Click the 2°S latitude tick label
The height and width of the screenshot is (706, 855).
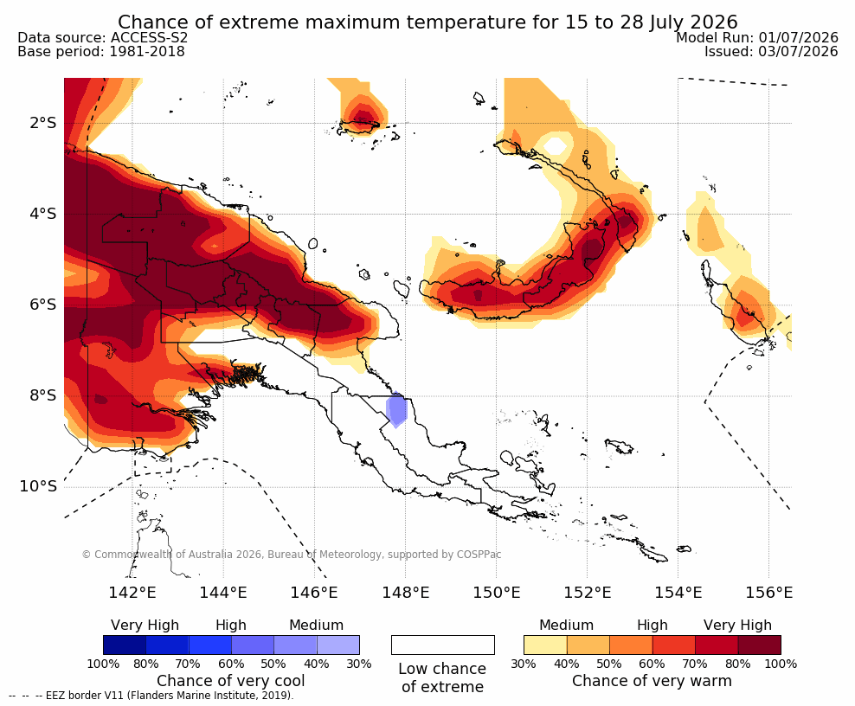(x=43, y=123)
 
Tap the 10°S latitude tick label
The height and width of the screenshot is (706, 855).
(x=38, y=486)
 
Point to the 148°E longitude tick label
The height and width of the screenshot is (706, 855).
(x=405, y=592)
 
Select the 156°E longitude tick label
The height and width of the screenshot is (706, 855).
(x=768, y=592)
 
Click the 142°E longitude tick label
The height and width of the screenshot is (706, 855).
(x=132, y=592)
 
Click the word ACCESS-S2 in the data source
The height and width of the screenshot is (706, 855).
(x=149, y=37)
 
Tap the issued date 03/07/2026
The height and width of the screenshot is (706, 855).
(x=798, y=51)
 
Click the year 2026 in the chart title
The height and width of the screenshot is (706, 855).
(x=713, y=22)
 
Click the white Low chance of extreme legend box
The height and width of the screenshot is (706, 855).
(x=443, y=645)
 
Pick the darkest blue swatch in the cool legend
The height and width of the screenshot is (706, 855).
(x=125, y=645)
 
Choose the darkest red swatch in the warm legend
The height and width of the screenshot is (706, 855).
(x=760, y=645)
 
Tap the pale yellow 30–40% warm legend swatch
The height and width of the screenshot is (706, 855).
(x=545, y=645)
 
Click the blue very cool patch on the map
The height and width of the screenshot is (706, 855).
(x=396, y=410)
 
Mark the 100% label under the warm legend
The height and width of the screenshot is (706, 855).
(x=781, y=664)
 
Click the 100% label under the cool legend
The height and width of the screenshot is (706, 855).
(x=103, y=664)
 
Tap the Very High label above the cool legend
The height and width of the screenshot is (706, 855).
(x=145, y=626)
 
